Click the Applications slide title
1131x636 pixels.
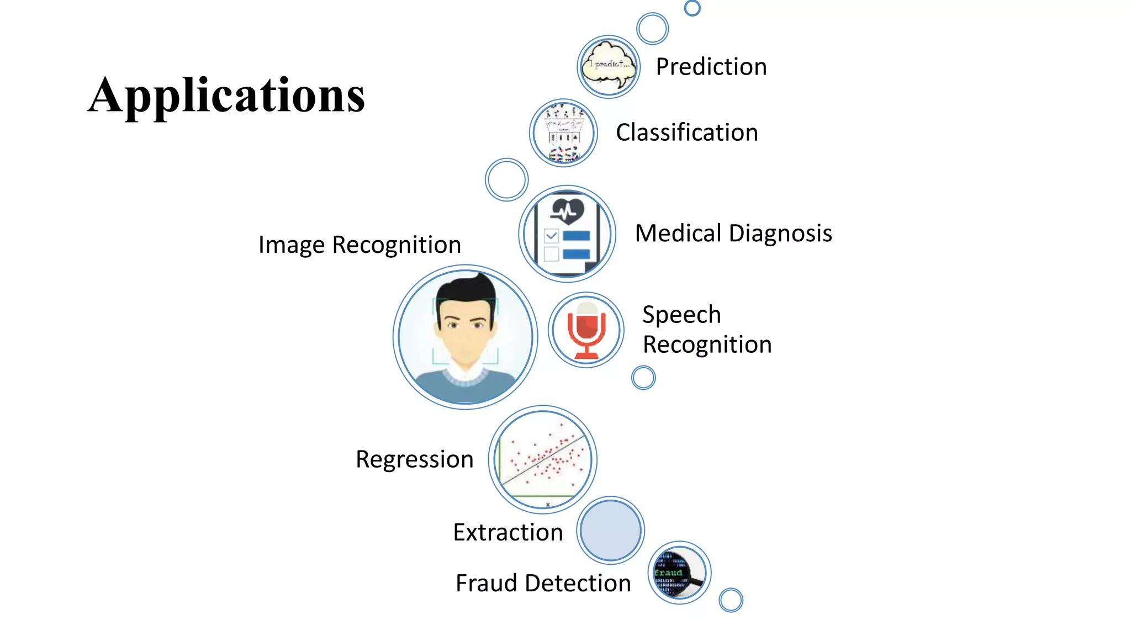226,96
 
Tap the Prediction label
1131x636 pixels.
711,67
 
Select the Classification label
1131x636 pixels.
686,132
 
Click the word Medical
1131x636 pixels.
678,233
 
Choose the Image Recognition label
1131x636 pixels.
360,245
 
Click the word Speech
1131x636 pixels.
681,315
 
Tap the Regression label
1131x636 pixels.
414,459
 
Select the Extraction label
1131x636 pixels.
508,532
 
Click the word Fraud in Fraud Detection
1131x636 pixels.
487,583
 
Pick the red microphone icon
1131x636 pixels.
586,330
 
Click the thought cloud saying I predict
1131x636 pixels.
609,66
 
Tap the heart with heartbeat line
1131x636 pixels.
567,210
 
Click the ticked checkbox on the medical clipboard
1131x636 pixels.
551,236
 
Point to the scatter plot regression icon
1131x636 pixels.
543,459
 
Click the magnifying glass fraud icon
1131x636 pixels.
679,573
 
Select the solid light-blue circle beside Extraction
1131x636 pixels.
611,530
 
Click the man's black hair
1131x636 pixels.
466,293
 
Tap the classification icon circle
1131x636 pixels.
563,133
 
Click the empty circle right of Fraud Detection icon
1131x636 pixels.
731,600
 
